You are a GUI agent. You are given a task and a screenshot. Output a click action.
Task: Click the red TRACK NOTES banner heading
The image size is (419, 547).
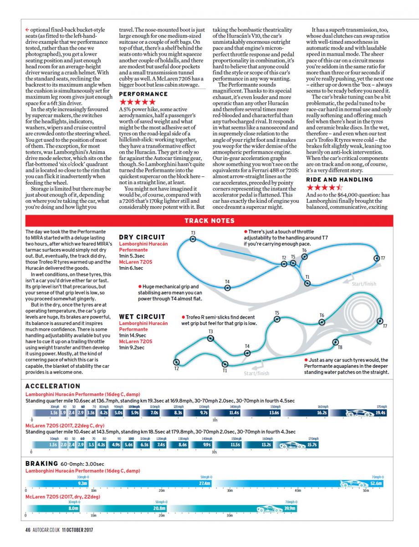(209, 221)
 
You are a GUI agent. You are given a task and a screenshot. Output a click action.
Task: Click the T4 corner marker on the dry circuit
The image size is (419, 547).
(227, 287)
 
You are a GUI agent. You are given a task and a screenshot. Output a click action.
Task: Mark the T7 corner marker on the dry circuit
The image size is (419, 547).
(377, 258)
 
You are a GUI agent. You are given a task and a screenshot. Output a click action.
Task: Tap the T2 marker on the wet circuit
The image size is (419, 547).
(177, 362)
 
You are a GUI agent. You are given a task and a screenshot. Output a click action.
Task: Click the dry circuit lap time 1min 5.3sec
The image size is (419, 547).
(131, 256)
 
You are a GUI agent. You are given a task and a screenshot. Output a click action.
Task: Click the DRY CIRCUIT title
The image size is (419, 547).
(142, 237)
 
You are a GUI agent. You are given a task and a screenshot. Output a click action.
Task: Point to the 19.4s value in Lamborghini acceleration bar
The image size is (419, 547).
(380, 413)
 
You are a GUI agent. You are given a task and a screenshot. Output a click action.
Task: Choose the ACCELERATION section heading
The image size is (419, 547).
(52, 386)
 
